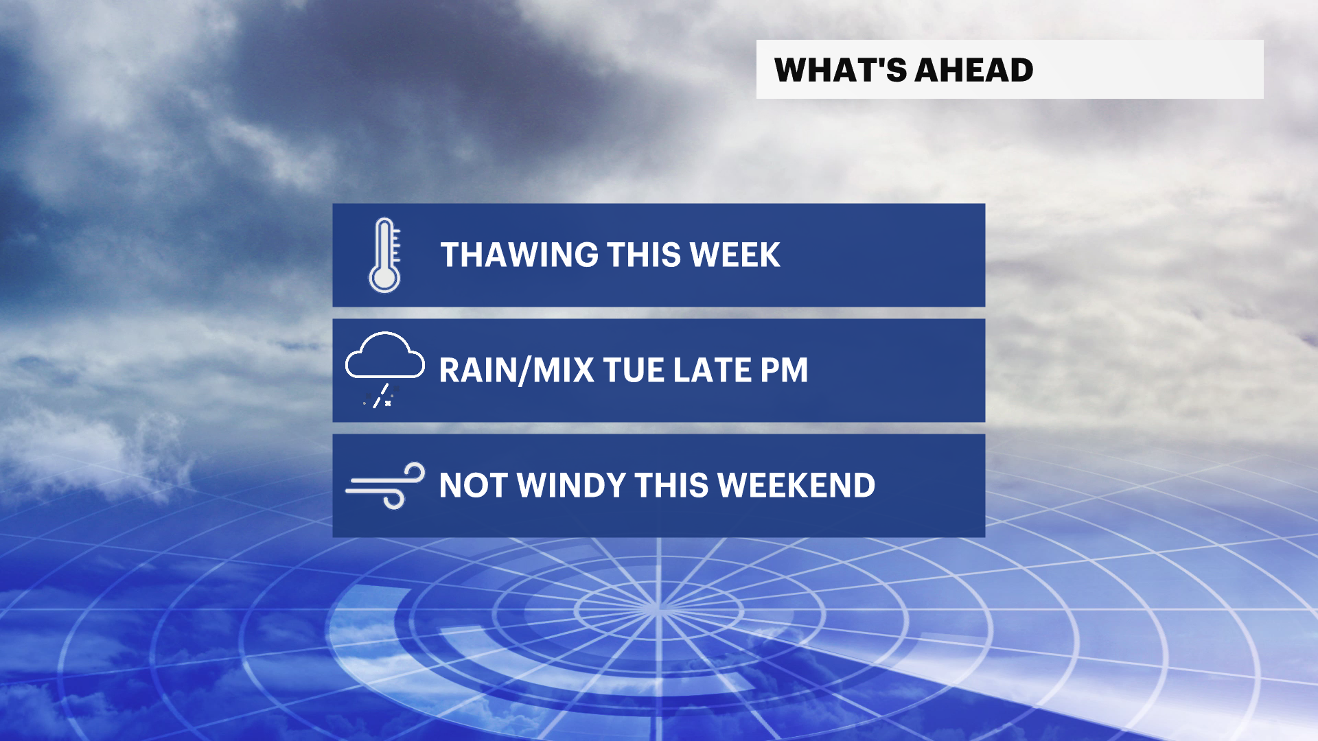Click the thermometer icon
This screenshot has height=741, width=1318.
point(384,255)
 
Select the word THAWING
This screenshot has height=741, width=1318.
point(519,255)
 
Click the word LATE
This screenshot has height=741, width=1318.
point(712,370)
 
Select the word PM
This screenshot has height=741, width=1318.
point(784,370)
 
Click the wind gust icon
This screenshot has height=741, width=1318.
point(385,486)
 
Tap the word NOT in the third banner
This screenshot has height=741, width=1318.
point(474,486)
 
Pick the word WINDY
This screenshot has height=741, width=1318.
point(571,486)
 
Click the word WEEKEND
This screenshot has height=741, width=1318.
point(796,486)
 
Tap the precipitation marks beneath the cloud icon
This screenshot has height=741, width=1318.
point(380,397)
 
